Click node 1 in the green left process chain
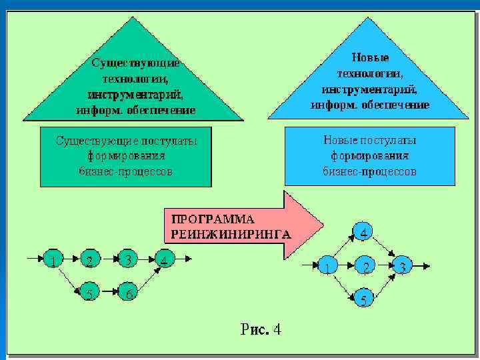pyautogui.click(x=51, y=259)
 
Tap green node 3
pyautogui.click(x=127, y=259)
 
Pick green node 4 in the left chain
pyautogui.click(x=163, y=259)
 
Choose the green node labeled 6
pyautogui.click(x=127, y=291)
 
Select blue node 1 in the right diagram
pyautogui.click(x=327, y=266)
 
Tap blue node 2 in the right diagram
pyautogui.click(x=364, y=266)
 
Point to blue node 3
pyautogui.click(x=401, y=266)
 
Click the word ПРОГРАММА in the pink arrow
pyautogui.click(x=213, y=219)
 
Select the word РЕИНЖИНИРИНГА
pyautogui.click(x=231, y=234)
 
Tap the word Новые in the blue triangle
pyautogui.click(x=370, y=58)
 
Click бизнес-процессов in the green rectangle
pyautogui.click(x=125, y=171)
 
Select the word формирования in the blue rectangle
pyautogui.click(x=369, y=156)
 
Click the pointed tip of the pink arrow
pyautogui.click(x=323, y=225)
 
